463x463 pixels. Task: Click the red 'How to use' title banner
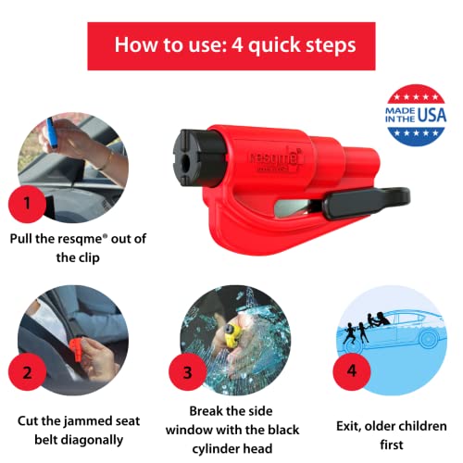231,44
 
